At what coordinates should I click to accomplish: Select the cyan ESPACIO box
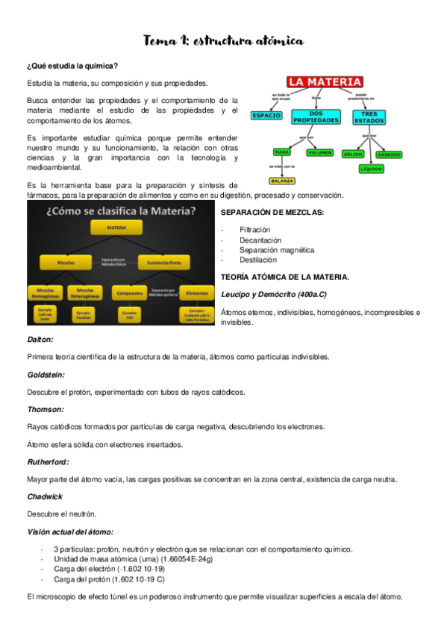266,116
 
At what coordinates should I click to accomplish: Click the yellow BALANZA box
281,180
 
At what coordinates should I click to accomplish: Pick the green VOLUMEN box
319,152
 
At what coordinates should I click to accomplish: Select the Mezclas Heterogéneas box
85,292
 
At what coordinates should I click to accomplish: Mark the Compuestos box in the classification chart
129,293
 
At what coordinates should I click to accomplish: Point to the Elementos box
196,293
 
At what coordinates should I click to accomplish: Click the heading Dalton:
40,339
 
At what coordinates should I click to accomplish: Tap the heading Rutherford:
49,462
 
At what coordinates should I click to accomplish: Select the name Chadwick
45,497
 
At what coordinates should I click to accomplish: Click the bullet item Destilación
258,261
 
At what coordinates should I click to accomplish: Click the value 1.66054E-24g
164,559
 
